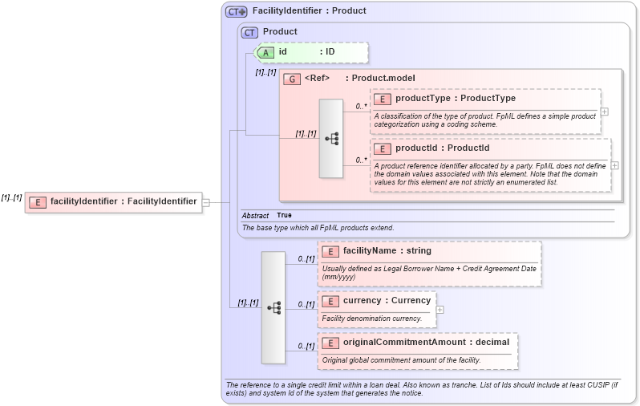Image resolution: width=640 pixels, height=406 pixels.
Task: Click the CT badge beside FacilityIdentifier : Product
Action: click(236, 11)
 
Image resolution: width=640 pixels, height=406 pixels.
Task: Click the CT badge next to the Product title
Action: click(250, 32)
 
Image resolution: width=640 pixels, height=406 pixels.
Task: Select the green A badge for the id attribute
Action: click(265, 52)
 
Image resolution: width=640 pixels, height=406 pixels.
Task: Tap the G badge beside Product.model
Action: click(291, 79)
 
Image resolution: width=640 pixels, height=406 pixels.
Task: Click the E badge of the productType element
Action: click(383, 99)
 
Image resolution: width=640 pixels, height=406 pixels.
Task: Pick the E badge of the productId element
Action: click(383, 148)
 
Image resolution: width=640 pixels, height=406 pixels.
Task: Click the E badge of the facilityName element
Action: click(330, 251)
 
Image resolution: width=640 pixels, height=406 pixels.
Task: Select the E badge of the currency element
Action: click(330, 301)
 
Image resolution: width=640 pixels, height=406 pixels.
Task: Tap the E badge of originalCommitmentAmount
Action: click(330, 343)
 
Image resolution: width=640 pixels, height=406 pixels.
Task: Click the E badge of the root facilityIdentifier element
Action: click(37, 202)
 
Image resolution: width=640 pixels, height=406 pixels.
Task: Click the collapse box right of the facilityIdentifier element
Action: click(206, 202)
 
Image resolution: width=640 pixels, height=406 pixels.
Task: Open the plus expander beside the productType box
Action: click(604, 112)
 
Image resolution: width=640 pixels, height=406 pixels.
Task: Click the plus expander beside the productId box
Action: click(615, 165)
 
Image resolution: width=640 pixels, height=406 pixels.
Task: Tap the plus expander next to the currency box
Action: click(440, 309)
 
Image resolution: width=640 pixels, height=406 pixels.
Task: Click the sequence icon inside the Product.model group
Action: click(331, 139)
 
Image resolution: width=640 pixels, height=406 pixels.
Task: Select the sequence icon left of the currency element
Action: click(273, 307)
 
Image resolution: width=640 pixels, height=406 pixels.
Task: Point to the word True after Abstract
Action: click(284, 216)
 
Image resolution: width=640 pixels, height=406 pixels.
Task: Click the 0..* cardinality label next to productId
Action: click(362, 160)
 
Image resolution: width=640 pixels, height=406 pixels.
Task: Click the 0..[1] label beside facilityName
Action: click(306, 259)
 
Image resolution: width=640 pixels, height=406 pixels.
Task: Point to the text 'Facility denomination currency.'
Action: click(371, 319)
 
